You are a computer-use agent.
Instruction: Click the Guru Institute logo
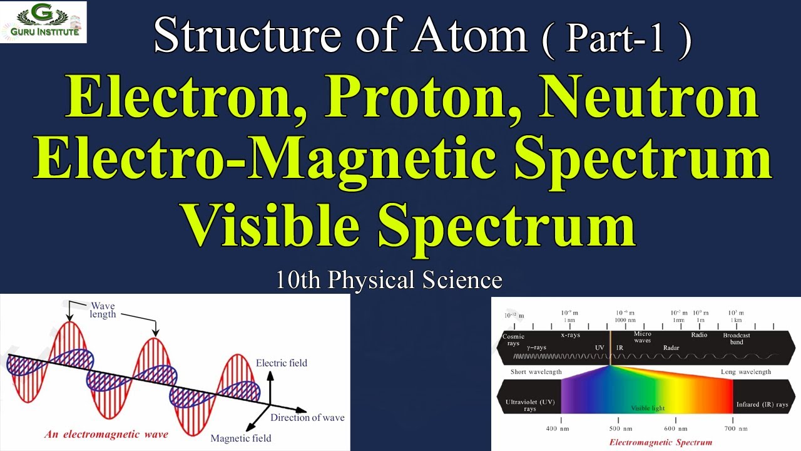pyautogui.click(x=43, y=22)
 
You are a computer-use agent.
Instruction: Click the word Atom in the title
pyautogui.click(x=469, y=36)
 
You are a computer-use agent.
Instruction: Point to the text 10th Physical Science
pyautogui.click(x=389, y=279)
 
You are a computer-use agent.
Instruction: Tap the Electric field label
pyautogui.click(x=282, y=363)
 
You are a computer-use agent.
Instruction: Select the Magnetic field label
pyautogui.click(x=241, y=438)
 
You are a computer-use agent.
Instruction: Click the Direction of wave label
pyautogui.click(x=307, y=417)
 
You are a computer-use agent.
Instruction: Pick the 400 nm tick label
pyautogui.click(x=561, y=428)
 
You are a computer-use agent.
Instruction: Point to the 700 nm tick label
pyautogui.click(x=733, y=428)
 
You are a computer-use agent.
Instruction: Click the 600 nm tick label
pyautogui.click(x=676, y=428)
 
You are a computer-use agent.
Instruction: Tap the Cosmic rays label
pyautogui.click(x=513, y=340)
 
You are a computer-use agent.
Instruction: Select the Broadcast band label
pyautogui.click(x=737, y=338)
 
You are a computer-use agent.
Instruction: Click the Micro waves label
pyautogui.click(x=643, y=337)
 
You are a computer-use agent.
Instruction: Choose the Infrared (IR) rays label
pyautogui.click(x=762, y=404)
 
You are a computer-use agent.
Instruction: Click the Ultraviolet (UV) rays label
pyautogui.click(x=530, y=404)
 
